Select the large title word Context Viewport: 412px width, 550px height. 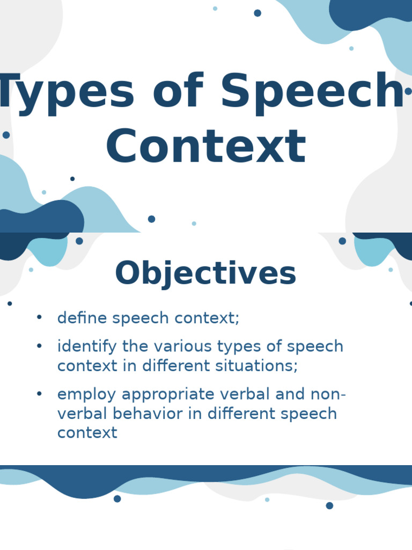point(206,146)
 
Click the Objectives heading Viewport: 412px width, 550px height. point(205,273)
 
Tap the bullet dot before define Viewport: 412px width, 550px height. point(39,317)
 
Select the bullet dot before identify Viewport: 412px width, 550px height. point(39,345)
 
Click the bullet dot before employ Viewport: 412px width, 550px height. point(39,394)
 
